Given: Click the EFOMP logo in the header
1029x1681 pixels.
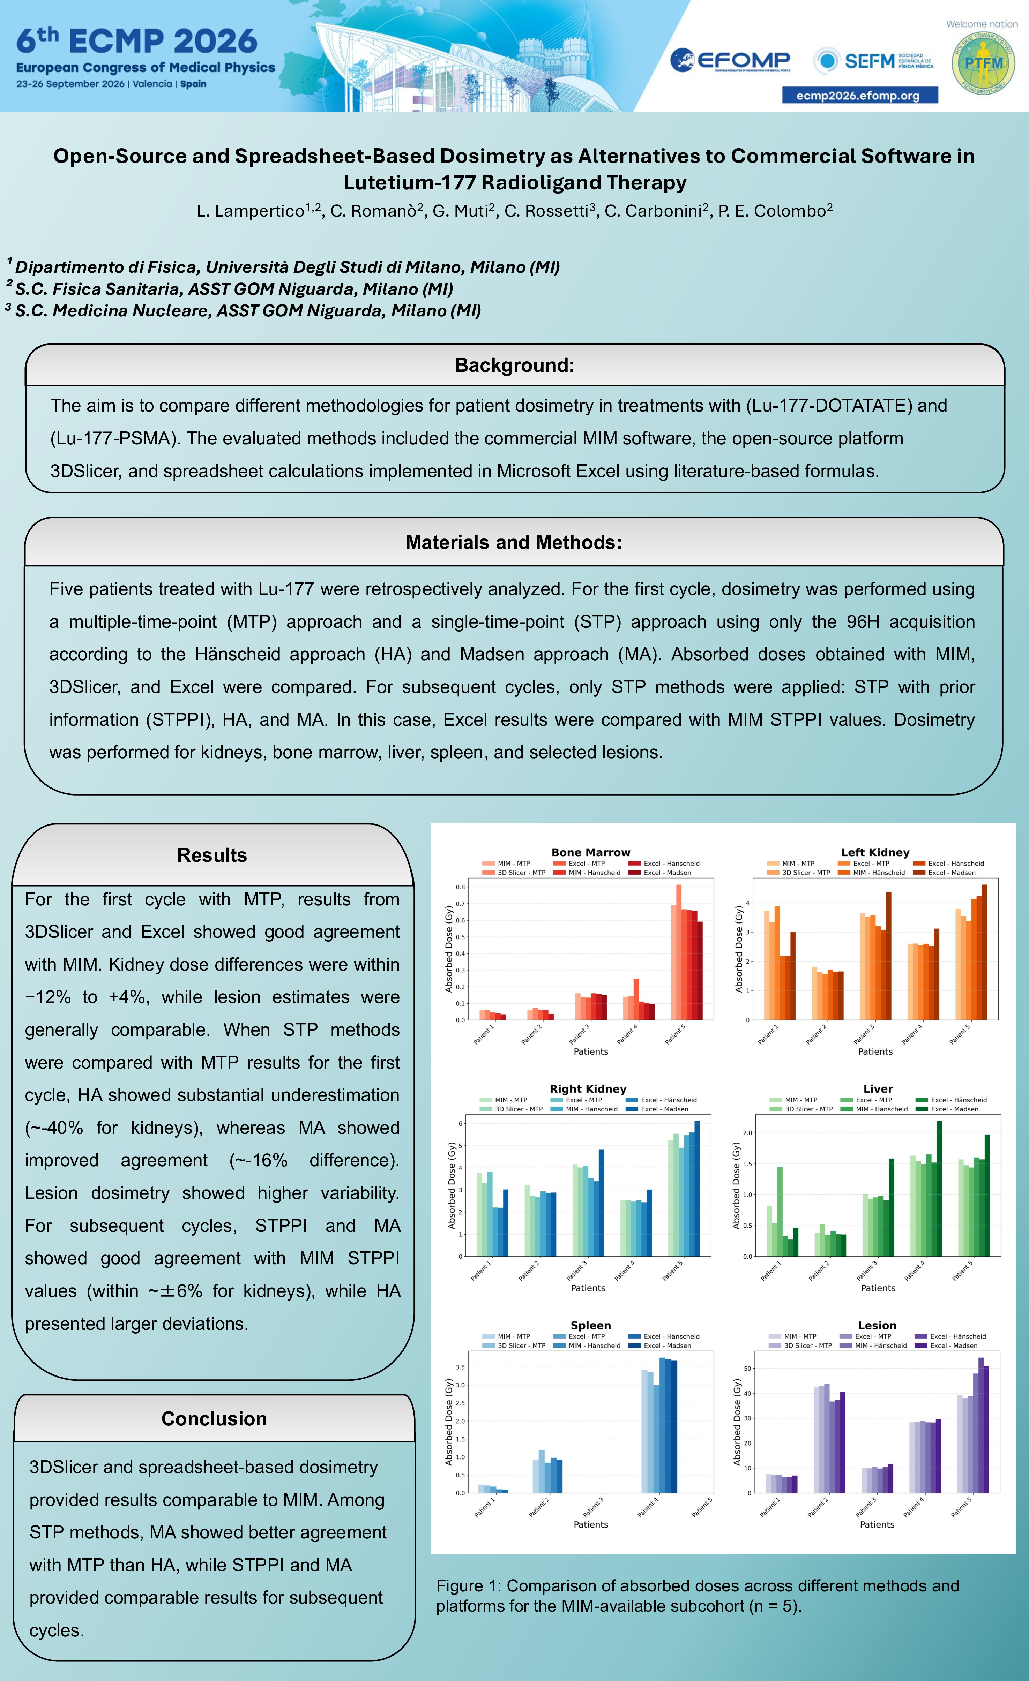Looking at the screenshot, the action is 730,61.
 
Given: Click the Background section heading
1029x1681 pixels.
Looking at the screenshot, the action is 514,365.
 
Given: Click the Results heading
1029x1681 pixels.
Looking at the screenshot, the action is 212,855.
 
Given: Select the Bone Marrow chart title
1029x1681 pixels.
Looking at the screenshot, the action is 591,852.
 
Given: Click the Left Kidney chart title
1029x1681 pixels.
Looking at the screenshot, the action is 875,852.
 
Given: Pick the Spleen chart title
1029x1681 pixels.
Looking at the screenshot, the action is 591,1325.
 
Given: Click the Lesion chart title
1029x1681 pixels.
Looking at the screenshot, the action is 877,1325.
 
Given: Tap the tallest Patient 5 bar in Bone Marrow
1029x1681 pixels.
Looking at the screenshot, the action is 679,952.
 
